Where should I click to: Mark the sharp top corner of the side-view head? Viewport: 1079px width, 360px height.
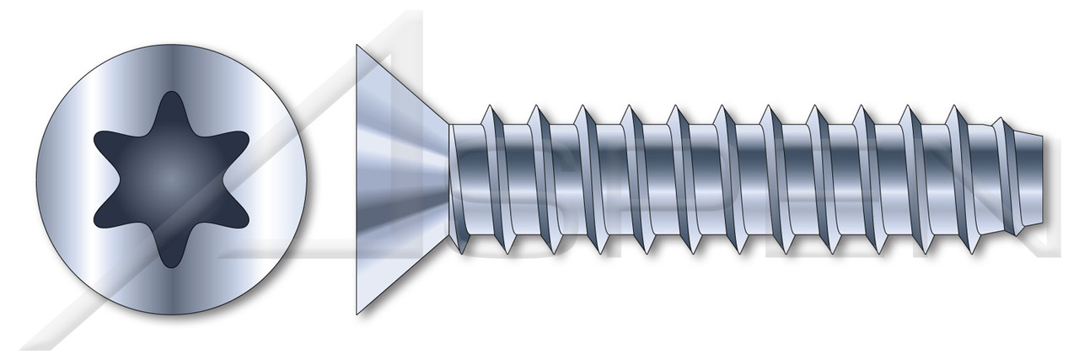click(357, 46)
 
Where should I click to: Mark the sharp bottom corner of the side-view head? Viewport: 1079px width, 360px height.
click(357, 312)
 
